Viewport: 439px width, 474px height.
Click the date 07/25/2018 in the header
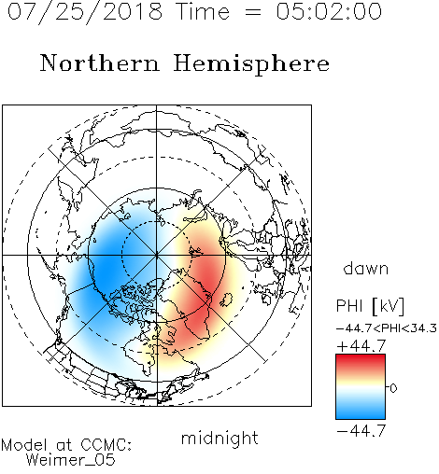[85, 12]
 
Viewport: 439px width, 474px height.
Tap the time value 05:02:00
[329, 11]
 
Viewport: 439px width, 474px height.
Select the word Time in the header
[203, 11]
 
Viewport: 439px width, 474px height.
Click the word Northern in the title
[100, 63]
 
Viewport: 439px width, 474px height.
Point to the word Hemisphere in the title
[251, 64]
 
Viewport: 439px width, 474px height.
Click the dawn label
[366, 268]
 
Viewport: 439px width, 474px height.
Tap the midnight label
[219, 438]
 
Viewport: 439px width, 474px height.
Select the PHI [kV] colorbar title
[370, 306]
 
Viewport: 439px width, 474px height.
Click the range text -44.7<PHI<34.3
[387, 328]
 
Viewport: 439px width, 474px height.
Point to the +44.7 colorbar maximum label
[361, 346]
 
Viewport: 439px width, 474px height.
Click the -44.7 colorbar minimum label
[361, 431]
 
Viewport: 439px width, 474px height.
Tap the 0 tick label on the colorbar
[393, 388]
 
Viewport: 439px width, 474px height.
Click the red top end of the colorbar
[361, 357]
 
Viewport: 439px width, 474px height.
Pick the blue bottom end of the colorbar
[361, 415]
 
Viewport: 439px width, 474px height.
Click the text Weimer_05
[70, 460]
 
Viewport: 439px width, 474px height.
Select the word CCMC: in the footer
[106, 445]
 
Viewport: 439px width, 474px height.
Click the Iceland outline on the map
[226, 300]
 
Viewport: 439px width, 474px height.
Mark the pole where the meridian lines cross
[157, 255]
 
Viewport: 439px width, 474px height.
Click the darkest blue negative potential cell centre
[107, 268]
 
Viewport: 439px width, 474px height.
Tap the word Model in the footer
[24, 445]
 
